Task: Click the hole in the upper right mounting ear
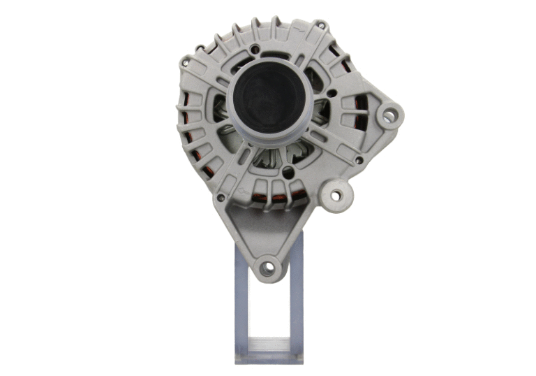tap(389, 115)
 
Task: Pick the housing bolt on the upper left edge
tap(184, 64)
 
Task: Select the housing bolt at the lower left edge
tap(221, 197)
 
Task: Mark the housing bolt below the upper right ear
tap(359, 160)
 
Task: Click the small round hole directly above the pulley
tap(257, 49)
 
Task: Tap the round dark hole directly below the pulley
tap(288, 171)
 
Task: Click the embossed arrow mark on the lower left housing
tap(241, 190)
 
